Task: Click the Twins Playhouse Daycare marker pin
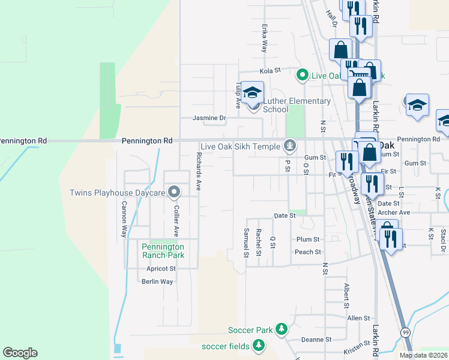click(x=174, y=193)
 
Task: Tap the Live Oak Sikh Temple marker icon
click(x=290, y=146)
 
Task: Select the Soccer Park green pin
click(x=280, y=329)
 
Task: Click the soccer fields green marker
click(x=259, y=346)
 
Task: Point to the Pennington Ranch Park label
click(x=163, y=251)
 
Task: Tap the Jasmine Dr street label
click(x=209, y=118)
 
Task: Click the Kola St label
click(x=270, y=71)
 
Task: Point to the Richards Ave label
click(x=199, y=172)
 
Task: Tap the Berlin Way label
click(x=157, y=281)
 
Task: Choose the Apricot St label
click(x=160, y=269)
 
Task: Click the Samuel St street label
click(x=246, y=242)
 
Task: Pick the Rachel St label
click(x=258, y=242)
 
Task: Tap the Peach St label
click(x=308, y=252)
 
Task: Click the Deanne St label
click(x=313, y=339)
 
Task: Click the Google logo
click(x=20, y=353)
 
